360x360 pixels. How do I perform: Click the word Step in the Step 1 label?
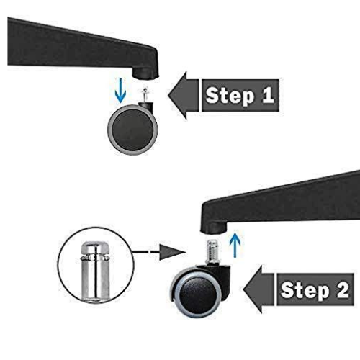tap(230, 96)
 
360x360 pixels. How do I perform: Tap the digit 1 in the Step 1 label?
tap(268, 95)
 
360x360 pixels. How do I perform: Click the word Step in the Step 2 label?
tap(305, 291)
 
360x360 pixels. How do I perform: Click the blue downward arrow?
tap(120, 91)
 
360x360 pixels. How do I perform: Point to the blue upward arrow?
tap(235, 243)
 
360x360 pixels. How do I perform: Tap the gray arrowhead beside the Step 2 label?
tap(258, 289)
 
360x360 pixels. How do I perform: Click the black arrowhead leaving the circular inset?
tap(171, 252)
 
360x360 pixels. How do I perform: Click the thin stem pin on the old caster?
tap(145, 95)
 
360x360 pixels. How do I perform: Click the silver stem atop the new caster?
tap(212, 251)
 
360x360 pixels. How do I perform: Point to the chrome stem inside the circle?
tap(96, 271)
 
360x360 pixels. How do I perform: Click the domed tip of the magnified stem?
tap(96, 247)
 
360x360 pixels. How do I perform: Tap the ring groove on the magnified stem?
tap(96, 258)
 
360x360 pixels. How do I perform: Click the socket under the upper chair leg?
tap(145, 73)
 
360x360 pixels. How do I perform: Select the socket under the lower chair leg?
tap(214, 228)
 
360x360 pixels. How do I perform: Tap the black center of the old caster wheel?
tap(132, 130)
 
